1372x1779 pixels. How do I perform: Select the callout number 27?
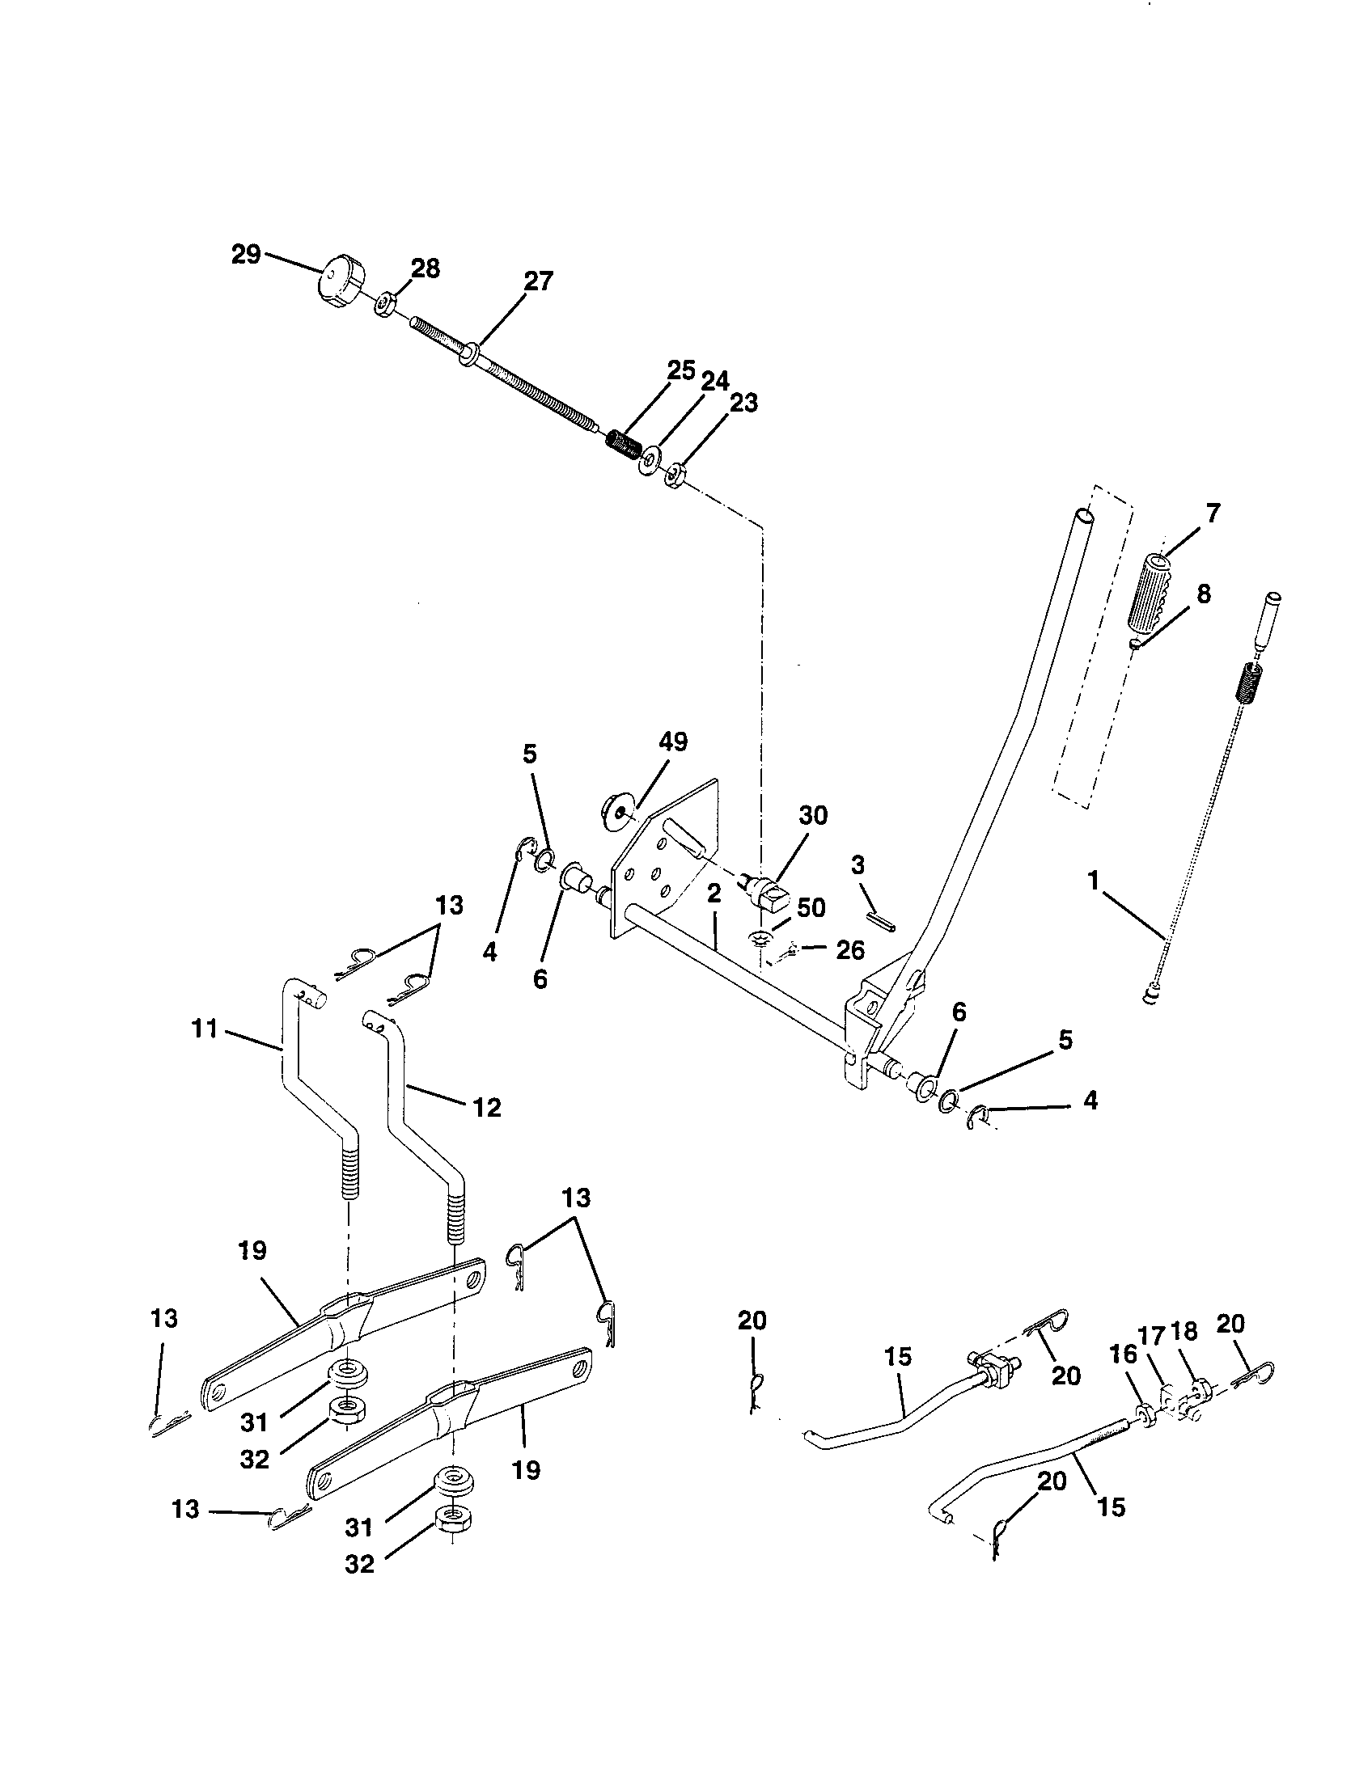pyautogui.click(x=538, y=281)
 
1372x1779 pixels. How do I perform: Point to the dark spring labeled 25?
pyautogui.click(x=625, y=445)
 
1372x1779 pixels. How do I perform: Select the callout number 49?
pyautogui.click(x=673, y=742)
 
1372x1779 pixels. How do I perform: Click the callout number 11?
pyautogui.click(x=204, y=1029)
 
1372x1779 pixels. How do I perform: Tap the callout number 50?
pyautogui.click(x=811, y=908)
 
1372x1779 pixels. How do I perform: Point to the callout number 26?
pyautogui.click(x=849, y=950)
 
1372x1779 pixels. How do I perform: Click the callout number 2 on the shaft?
pyautogui.click(x=714, y=894)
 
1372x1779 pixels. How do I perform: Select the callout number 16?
pyautogui.click(x=1124, y=1354)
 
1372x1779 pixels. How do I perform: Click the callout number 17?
pyautogui.click(x=1152, y=1335)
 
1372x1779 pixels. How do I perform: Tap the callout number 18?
pyautogui.click(x=1184, y=1333)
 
